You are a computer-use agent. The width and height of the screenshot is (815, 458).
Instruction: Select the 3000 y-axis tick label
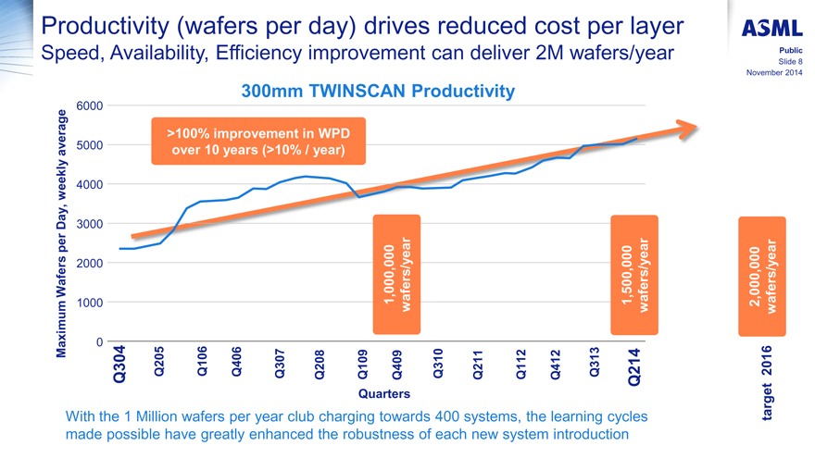point(89,224)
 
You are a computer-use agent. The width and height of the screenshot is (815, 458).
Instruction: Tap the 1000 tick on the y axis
point(89,303)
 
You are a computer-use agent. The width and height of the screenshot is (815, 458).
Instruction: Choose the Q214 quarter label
point(633,365)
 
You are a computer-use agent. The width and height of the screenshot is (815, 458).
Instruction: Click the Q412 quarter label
point(556,364)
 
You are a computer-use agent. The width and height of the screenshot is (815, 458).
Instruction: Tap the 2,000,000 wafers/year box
point(760,276)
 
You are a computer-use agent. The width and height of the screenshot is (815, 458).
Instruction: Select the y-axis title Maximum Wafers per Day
point(63,231)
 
